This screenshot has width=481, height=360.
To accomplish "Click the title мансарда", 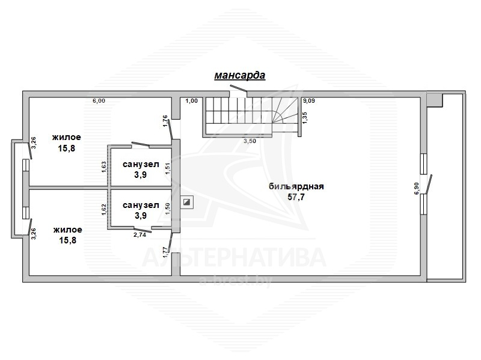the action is tap(239, 76).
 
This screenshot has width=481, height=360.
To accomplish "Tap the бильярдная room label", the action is tap(296, 186).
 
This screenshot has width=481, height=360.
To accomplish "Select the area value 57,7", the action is tap(296, 197).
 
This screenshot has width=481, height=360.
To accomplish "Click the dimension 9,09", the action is tap(309, 100).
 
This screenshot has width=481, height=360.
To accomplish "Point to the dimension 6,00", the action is tap(99, 101).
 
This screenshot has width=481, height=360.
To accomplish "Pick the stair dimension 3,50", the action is tap(250, 141).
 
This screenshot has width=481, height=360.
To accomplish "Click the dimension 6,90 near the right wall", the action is tap(416, 188).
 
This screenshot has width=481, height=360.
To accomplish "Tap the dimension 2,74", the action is tap(140, 235).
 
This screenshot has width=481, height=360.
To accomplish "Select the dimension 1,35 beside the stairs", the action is tap(305, 118).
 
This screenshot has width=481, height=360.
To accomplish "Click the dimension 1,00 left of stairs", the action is tap(192, 101).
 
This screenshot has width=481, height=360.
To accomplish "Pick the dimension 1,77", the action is tap(165, 252).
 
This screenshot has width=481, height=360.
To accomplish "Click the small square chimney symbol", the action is tap(186, 202).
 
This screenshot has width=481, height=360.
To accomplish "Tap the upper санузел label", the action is tap(141, 164).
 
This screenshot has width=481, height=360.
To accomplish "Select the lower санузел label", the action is tap(141, 205).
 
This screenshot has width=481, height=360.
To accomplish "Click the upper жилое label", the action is tap(67, 137).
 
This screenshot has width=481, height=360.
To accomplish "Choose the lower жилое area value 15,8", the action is tap(67, 240).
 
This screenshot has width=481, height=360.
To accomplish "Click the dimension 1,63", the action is tap(104, 167).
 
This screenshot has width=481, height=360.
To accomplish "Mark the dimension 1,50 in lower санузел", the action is tap(168, 209).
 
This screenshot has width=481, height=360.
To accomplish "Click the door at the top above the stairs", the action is tap(239, 88).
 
